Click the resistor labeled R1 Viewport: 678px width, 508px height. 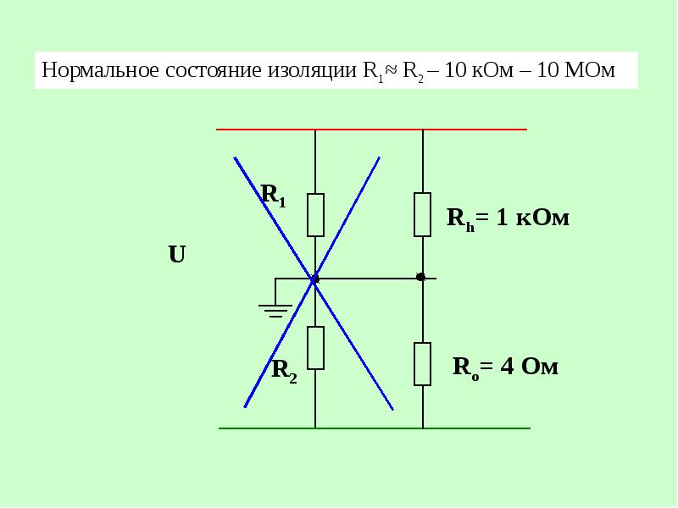315,215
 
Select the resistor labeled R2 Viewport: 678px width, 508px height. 315,348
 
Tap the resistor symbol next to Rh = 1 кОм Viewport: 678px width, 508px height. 422,215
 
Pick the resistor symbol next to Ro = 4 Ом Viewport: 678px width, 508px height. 422,364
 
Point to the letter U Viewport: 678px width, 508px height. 177,255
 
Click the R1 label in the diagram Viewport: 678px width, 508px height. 274,196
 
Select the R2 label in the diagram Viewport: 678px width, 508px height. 284,371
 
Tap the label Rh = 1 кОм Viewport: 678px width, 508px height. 508,218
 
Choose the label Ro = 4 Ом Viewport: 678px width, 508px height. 505,367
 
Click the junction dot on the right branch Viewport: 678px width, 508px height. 420,277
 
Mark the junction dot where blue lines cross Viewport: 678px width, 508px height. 314,279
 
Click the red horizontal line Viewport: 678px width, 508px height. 371,130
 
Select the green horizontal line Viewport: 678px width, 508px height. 375,428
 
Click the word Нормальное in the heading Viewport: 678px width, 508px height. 100,70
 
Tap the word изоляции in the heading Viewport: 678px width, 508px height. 312,71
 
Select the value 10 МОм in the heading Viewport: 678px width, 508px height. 575,70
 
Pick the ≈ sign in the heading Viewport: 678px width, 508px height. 392,69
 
